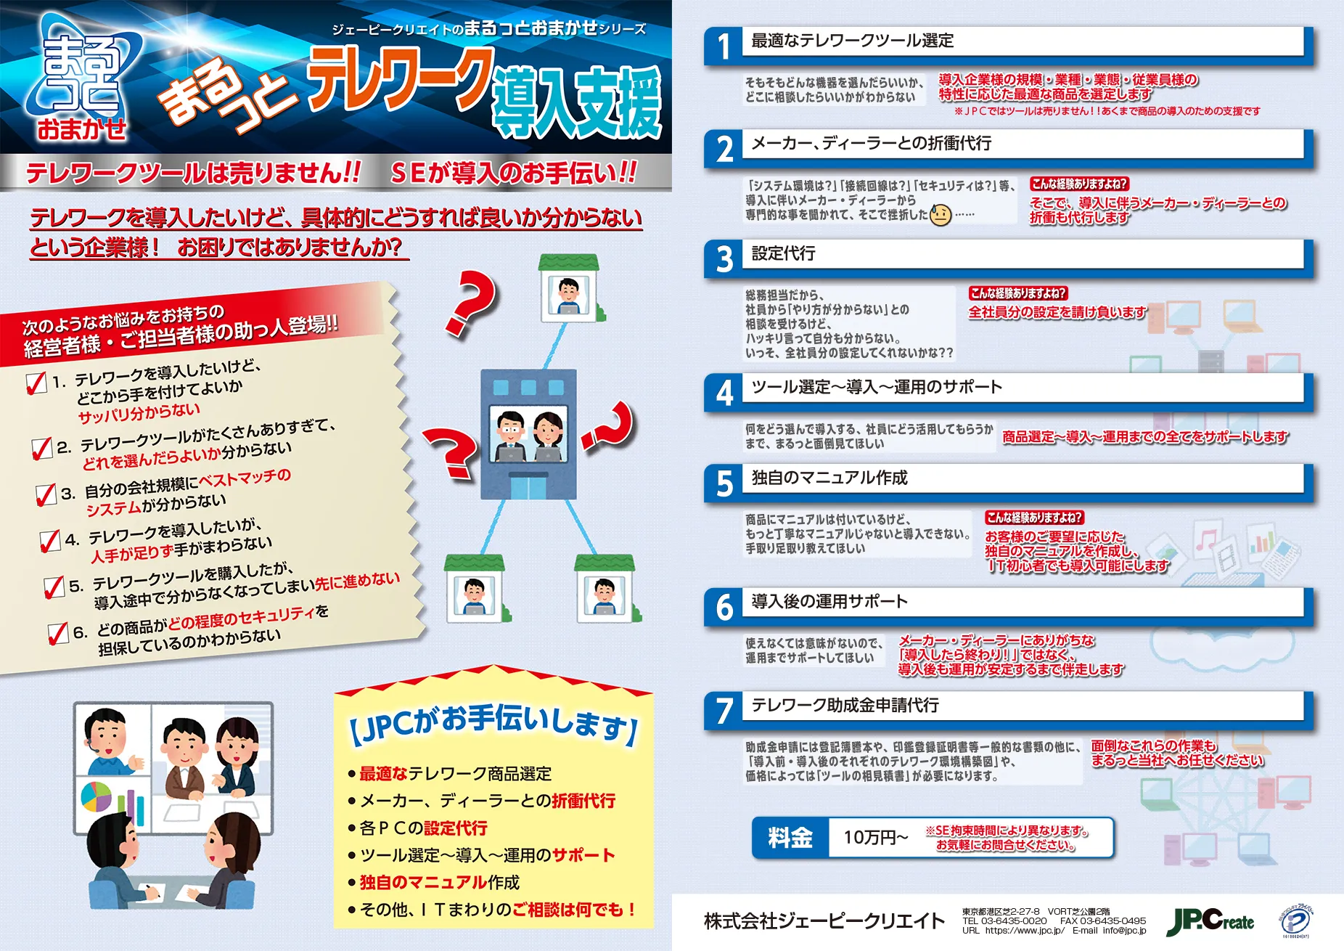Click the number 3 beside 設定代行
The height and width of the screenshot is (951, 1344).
(x=724, y=258)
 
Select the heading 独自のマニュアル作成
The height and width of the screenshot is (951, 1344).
(x=829, y=478)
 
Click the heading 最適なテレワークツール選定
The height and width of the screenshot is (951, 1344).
(x=853, y=41)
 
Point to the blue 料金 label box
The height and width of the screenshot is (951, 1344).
(x=790, y=838)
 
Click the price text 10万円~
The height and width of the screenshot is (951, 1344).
(x=875, y=838)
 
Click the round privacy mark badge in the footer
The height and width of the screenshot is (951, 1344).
(x=1296, y=922)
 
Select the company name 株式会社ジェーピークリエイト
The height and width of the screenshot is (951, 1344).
(x=824, y=921)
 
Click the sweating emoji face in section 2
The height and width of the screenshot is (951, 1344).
(x=941, y=214)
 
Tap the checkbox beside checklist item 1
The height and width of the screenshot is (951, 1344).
(x=36, y=383)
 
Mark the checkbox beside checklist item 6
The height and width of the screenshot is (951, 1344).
(x=58, y=633)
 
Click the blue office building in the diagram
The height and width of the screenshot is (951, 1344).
(x=529, y=434)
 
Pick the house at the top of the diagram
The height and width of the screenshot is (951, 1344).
(x=569, y=288)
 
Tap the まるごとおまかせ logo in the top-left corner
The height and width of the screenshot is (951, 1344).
(x=81, y=78)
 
